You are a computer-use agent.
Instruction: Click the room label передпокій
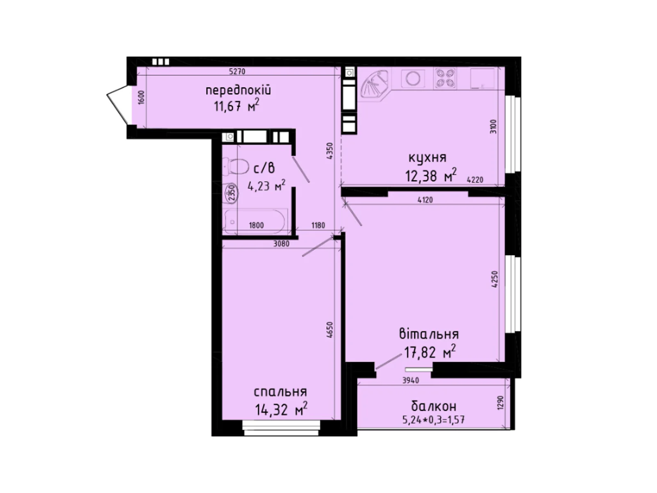pyautogui.click(x=238, y=90)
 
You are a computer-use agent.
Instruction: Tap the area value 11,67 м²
pyautogui.click(x=236, y=106)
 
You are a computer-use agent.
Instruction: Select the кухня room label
pyautogui.click(x=427, y=158)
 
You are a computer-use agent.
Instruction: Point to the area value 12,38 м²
pyautogui.click(x=430, y=176)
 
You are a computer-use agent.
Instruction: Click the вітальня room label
pyautogui.click(x=429, y=334)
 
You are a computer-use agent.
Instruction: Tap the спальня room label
pyautogui.click(x=280, y=392)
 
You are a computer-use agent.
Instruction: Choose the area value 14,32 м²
pyautogui.click(x=281, y=410)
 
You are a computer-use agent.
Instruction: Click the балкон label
pyautogui.click(x=434, y=406)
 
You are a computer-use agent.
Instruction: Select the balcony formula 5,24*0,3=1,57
pyautogui.click(x=434, y=420)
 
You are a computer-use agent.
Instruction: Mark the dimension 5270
pyautogui.click(x=237, y=71)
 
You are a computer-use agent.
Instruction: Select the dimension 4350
pyautogui.click(x=329, y=151)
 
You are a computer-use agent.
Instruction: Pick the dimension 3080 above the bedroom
pyautogui.click(x=281, y=244)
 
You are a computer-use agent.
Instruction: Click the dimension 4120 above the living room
pyautogui.click(x=425, y=200)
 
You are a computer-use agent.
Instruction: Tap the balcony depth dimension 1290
pyautogui.click(x=500, y=403)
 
